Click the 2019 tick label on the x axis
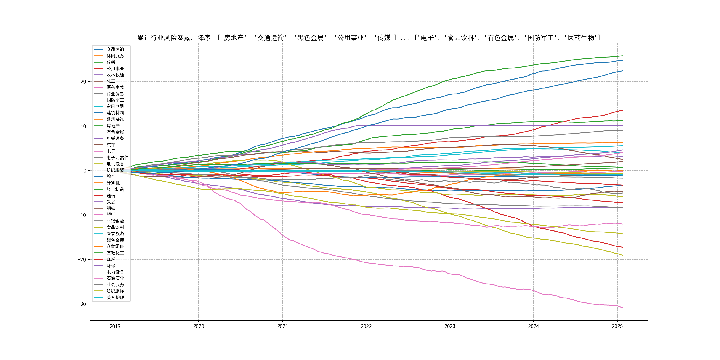coord(115,326)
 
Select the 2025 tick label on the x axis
coord(617,326)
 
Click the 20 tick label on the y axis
coord(83,82)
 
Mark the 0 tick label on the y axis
coord(85,171)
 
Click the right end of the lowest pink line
coord(623,308)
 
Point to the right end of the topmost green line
coord(623,56)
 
